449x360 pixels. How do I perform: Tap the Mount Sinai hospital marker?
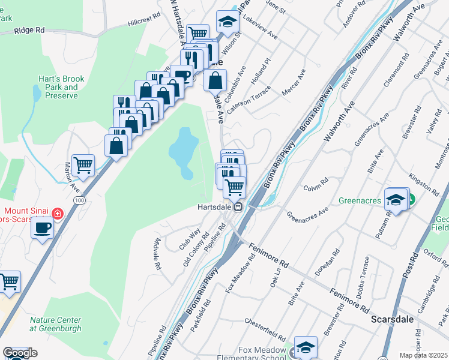click(x=57, y=213)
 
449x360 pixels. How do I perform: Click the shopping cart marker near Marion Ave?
click(x=83, y=164)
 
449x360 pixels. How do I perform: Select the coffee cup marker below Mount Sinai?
click(x=42, y=227)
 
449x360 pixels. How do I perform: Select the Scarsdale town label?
click(x=393, y=319)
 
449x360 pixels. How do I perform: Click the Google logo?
click(x=20, y=353)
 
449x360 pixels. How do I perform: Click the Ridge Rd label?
click(x=29, y=29)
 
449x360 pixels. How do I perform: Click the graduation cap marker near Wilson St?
click(x=228, y=21)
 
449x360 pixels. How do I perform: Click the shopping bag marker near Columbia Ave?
click(x=215, y=79)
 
